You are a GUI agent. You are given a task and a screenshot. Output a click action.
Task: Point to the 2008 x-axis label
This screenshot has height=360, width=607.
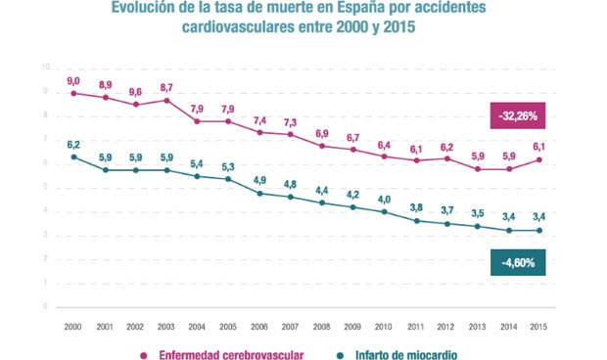coord(321,326)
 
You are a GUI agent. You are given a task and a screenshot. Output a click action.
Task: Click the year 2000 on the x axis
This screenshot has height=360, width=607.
coord(72,326)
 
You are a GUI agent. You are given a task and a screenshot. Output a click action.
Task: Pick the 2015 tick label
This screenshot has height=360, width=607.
coord(538,326)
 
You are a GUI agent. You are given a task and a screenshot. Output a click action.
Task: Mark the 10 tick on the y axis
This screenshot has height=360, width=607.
coord(44,67)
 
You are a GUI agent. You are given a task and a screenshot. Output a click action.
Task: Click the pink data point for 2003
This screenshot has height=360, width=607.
coord(166,100)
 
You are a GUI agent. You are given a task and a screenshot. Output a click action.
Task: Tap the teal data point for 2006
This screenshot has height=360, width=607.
coord(259,193)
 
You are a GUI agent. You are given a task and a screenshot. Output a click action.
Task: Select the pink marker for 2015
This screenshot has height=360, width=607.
coord(538,160)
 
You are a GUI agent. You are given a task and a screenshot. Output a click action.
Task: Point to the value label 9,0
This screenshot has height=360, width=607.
coord(73,80)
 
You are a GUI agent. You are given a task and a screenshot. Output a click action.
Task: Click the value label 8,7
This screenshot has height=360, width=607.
coord(166,87)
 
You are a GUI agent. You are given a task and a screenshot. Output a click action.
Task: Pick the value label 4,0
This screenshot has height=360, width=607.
coord(384,199)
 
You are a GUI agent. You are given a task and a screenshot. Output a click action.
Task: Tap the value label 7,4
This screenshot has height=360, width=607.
coord(259,119)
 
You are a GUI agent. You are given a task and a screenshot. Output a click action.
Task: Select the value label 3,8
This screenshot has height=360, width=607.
coord(415,206)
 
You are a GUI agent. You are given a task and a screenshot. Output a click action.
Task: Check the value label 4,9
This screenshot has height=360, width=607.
coord(259,180)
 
